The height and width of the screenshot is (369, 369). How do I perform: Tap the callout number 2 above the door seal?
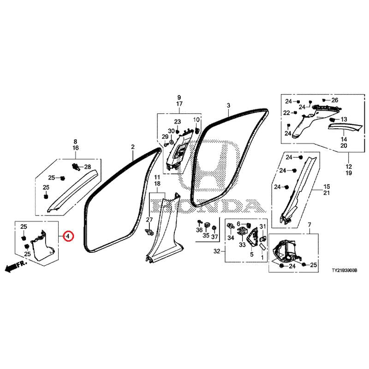pyautogui.click(x=132, y=147)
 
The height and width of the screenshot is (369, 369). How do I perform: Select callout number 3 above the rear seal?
pyautogui.click(x=228, y=106)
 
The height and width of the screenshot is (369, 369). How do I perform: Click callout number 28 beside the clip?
pyautogui.click(x=88, y=167)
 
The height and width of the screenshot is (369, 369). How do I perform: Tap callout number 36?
pyautogui.click(x=199, y=230)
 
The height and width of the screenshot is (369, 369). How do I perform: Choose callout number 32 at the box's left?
pyautogui.click(x=216, y=252)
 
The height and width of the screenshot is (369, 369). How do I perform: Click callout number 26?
pyautogui.click(x=335, y=100)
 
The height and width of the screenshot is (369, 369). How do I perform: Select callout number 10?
pyautogui.click(x=196, y=120)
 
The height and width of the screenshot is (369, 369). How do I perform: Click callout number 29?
pyautogui.click(x=164, y=137)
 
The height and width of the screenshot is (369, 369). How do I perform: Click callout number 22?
pyautogui.click(x=286, y=113)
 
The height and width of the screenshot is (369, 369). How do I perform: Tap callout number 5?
pyautogui.click(x=252, y=254)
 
